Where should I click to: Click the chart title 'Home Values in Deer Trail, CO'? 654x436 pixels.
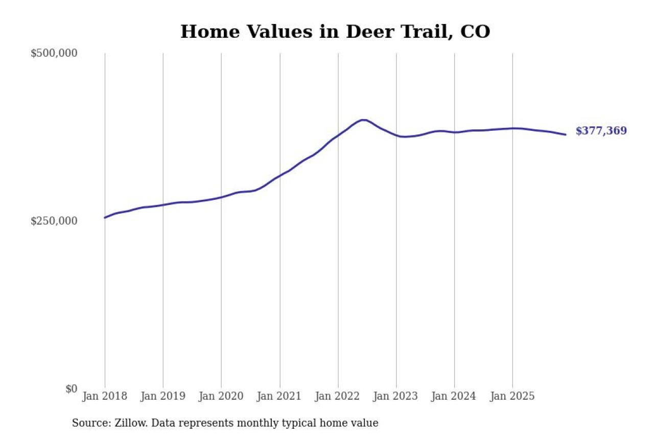pyautogui.click(x=335, y=32)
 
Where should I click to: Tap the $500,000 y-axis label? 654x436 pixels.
pyautogui.click(x=54, y=53)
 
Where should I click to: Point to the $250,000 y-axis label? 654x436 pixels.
pyautogui.click(x=54, y=221)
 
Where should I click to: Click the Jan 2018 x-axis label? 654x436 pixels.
pyautogui.click(x=105, y=396)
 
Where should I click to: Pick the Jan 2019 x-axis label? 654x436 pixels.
pyautogui.click(x=163, y=396)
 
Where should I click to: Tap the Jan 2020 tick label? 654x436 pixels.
pyautogui.click(x=221, y=396)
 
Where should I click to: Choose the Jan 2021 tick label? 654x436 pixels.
pyautogui.click(x=279, y=396)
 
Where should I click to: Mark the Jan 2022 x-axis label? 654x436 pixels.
pyautogui.click(x=338, y=396)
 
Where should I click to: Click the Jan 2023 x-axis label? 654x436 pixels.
pyautogui.click(x=396, y=396)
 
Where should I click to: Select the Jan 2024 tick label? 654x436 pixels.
pyautogui.click(x=454, y=396)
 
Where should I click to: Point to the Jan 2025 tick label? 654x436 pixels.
pyautogui.click(x=512, y=396)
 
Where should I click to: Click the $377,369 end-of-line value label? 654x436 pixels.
pyautogui.click(x=601, y=131)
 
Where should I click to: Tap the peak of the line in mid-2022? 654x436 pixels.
pyautogui.click(x=363, y=120)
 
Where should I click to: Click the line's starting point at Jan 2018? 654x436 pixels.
pyautogui.click(x=105, y=218)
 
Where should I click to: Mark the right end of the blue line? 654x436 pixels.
pyautogui.click(x=565, y=134)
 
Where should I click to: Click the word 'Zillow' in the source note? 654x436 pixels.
pyautogui.click(x=131, y=423)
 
